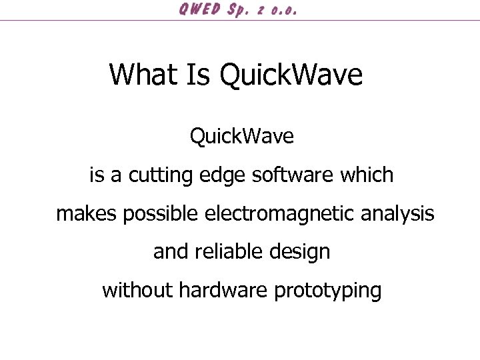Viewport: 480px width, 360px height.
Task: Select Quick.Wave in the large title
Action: point(291,74)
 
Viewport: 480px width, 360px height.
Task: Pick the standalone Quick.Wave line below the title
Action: point(241,137)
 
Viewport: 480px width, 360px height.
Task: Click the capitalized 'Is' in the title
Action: point(197,74)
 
